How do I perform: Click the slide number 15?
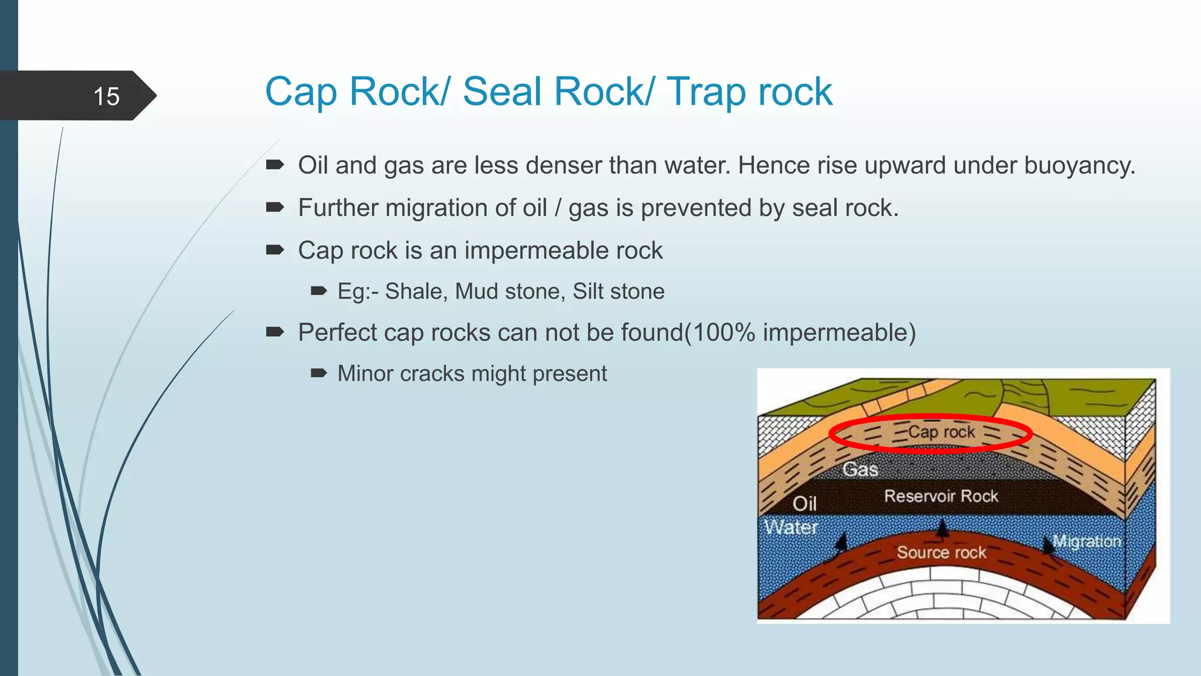click(x=106, y=96)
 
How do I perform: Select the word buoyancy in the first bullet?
click(x=1078, y=166)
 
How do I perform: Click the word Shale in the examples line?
click(x=416, y=292)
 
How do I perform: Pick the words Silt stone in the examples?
click(x=618, y=292)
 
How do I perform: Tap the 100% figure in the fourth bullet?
click(x=722, y=333)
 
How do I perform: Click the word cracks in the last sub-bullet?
click(x=432, y=374)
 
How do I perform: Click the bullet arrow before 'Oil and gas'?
click(x=274, y=165)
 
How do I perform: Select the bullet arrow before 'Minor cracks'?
click(x=318, y=373)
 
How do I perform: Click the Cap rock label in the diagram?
click(x=941, y=432)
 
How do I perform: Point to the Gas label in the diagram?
click(x=860, y=469)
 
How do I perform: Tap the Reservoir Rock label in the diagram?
click(x=941, y=496)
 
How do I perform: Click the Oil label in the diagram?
click(x=804, y=503)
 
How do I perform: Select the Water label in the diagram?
click(x=791, y=527)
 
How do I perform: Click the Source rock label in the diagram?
click(x=941, y=553)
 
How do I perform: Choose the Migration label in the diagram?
click(x=1086, y=541)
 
